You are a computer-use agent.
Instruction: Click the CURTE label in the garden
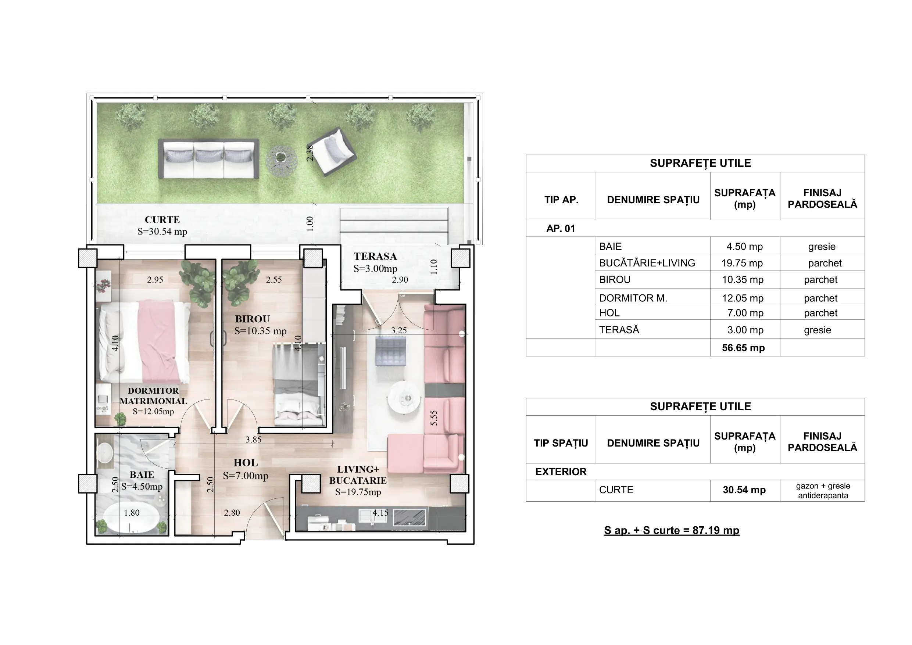(x=162, y=220)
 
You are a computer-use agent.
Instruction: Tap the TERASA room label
(x=375, y=257)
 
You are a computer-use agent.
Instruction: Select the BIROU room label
(x=252, y=319)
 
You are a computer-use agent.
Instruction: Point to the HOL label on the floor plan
(x=246, y=463)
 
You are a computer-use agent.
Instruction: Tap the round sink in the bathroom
(x=105, y=453)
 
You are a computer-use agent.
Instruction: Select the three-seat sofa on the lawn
(x=209, y=158)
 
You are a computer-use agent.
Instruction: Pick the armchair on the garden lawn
(x=332, y=152)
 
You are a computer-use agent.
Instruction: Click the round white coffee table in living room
(x=404, y=398)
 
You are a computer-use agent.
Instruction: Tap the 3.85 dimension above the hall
(x=253, y=440)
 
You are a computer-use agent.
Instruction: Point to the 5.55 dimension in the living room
(x=434, y=418)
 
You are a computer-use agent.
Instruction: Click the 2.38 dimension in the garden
(x=310, y=153)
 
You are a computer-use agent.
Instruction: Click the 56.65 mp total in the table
(x=743, y=348)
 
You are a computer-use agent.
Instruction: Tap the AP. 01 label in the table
(x=561, y=229)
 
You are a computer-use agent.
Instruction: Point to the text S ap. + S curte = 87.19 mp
(x=672, y=531)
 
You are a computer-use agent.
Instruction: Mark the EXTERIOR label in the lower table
(x=561, y=472)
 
